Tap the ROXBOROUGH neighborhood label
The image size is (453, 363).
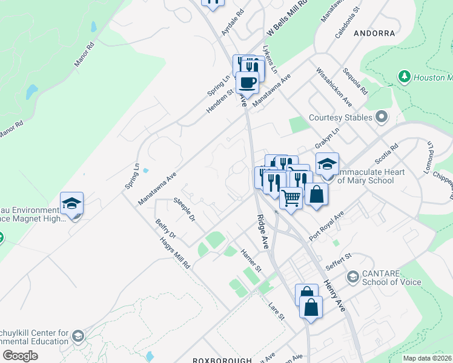pyautogui.click(x=222, y=360)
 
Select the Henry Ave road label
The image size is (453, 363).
pyautogui.click(x=334, y=295)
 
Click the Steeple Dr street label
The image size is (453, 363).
pyautogui.click(x=185, y=208)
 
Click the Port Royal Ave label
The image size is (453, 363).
pyautogui.click(x=326, y=224)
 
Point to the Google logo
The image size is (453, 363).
pyautogui.click(x=20, y=356)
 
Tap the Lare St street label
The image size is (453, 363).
pyautogui.click(x=277, y=310)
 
